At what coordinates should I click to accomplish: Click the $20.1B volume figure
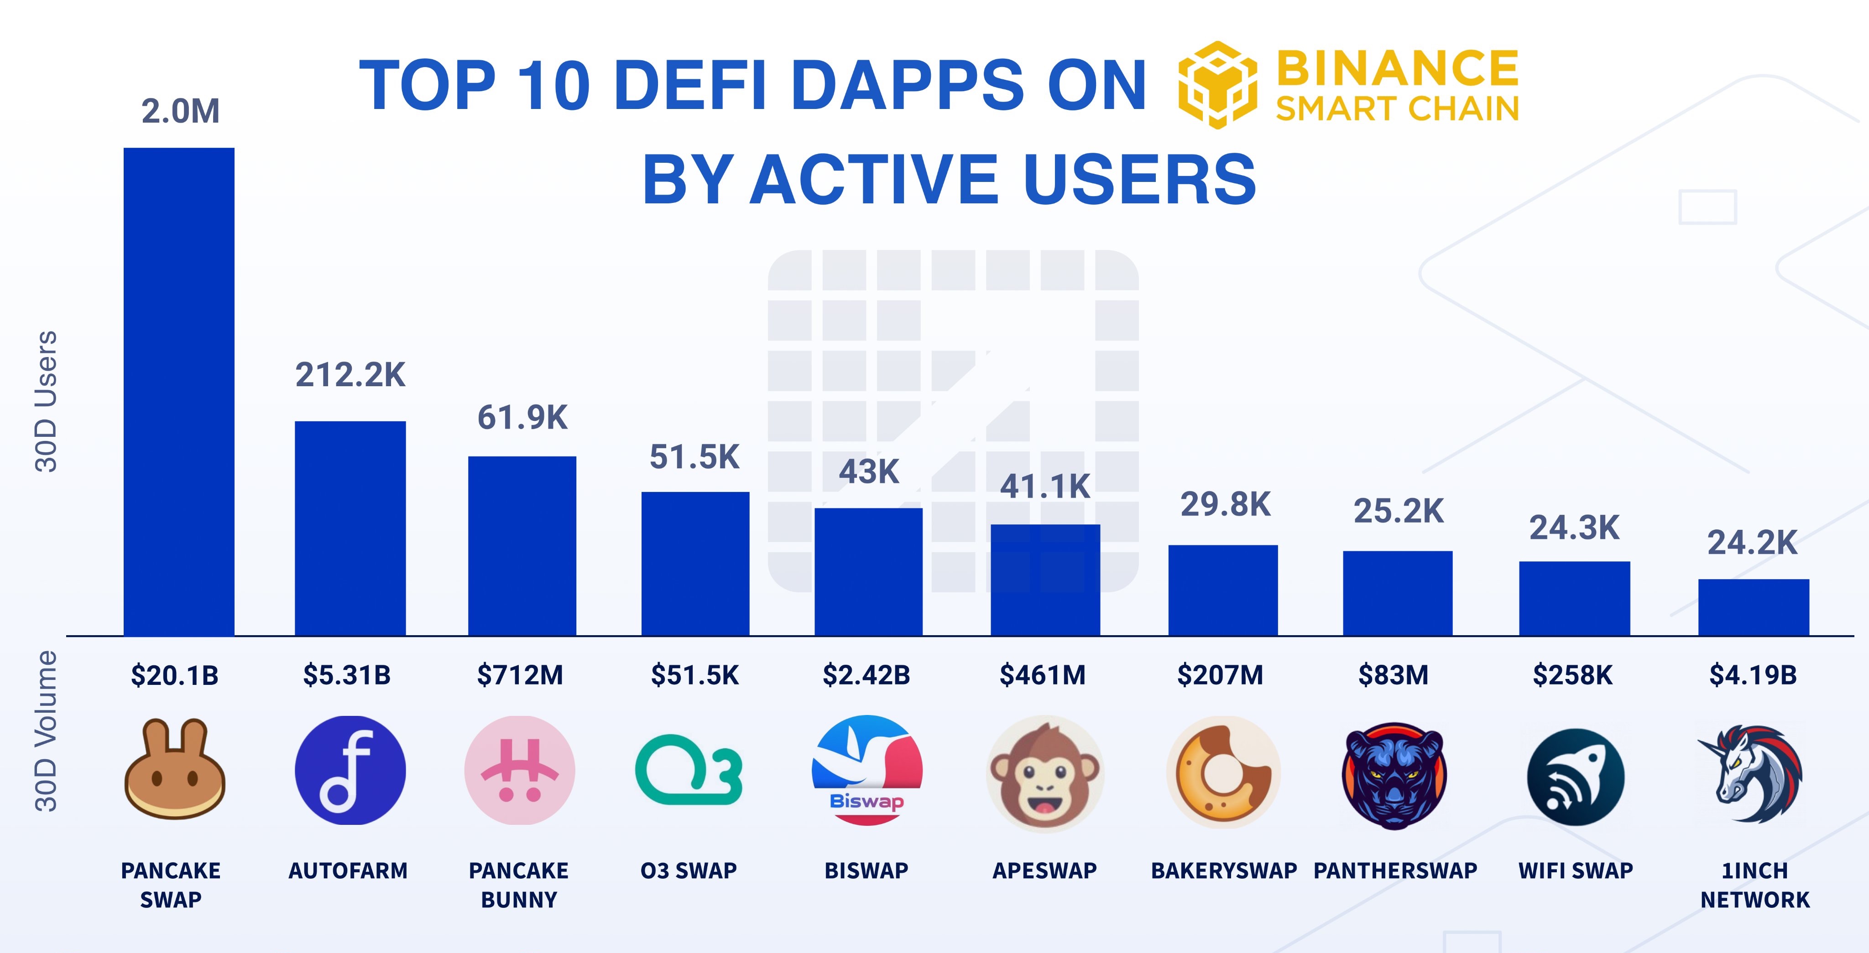click(174, 675)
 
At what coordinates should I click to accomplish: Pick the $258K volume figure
click(1572, 675)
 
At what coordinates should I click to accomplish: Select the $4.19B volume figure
click(1753, 675)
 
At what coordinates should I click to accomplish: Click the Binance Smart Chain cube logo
click(1217, 85)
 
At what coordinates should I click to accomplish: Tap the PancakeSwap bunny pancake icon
click(174, 770)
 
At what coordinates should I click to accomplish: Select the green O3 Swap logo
click(689, 770)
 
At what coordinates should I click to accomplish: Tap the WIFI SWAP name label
click(1575, 870)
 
